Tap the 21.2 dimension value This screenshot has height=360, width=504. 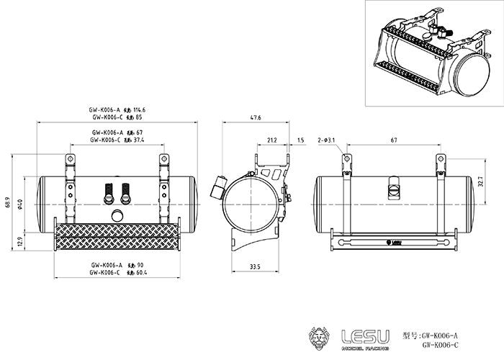tap(272, 140)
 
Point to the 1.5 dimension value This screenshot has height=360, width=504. tap(300, 140)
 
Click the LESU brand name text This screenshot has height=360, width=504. tap(365, 336)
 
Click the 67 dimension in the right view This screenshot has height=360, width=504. tap(393, 140)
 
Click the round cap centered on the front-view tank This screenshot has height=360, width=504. tap(117, 215)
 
